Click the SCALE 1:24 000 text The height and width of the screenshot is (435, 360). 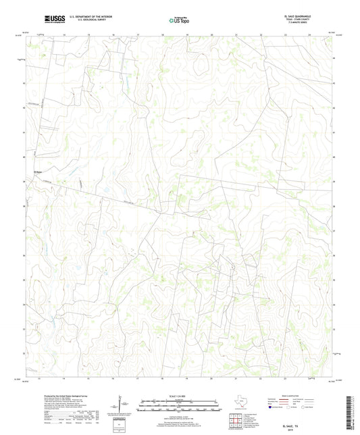tap(179, 396)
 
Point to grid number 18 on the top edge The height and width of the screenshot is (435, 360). tap(162, 32)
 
